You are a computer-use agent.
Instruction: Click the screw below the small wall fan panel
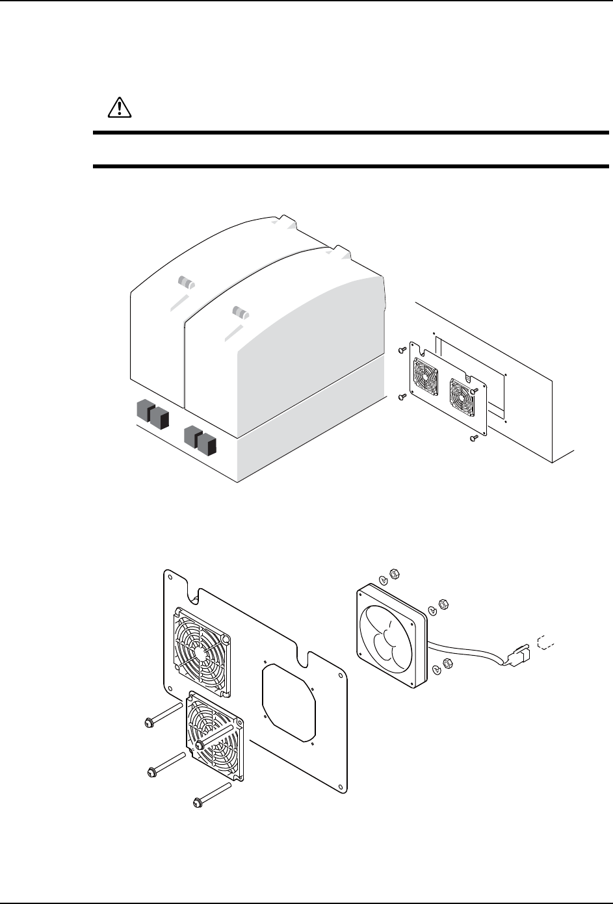point(473,439)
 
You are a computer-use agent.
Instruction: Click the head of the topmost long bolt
point(148,721)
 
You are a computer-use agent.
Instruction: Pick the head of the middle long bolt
point(151,772)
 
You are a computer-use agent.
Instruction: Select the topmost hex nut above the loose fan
point(393,574)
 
